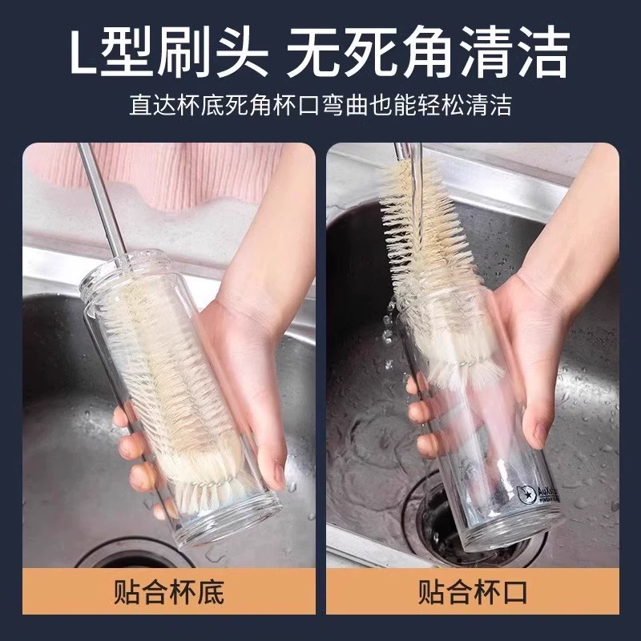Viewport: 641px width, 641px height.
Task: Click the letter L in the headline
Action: (83, 52)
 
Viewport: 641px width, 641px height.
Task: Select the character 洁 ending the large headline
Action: (543, 52)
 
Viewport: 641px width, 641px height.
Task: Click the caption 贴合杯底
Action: (169, 592)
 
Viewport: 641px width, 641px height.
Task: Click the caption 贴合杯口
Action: (473, 592)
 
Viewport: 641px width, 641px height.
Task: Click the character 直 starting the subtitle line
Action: (141, 106)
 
